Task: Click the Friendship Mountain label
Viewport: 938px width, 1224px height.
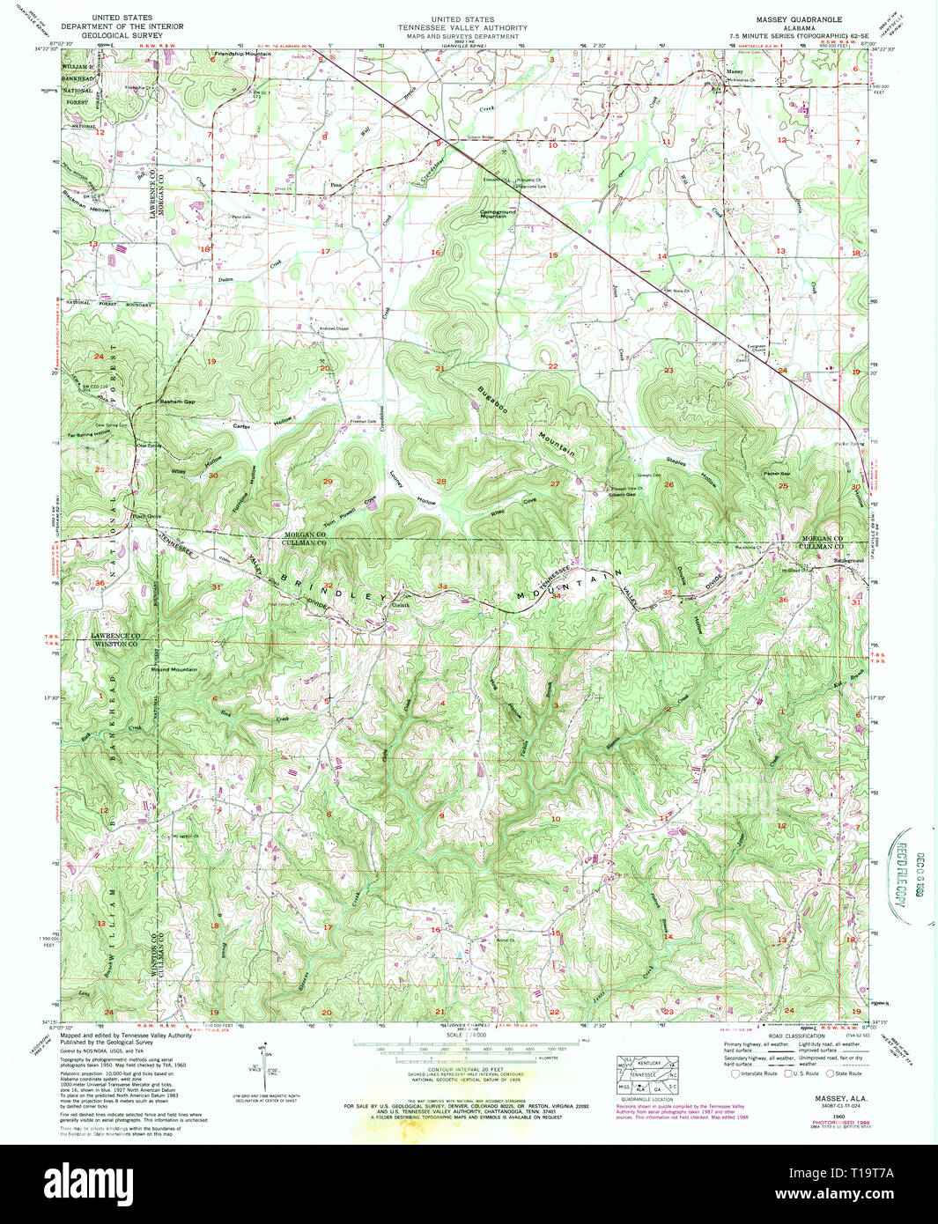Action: [x=242, y=55]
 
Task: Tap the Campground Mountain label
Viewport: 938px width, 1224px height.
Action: [x=499, y=213]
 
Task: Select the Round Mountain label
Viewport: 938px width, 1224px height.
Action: [x=174, y=670]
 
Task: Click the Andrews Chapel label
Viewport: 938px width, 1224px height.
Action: [x=336, y=329]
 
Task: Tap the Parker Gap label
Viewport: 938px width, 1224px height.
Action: [x=777, y=474]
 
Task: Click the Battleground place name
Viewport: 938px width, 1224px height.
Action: [x=849, y=561]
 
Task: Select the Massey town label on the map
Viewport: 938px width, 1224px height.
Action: [x=734, y=71]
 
